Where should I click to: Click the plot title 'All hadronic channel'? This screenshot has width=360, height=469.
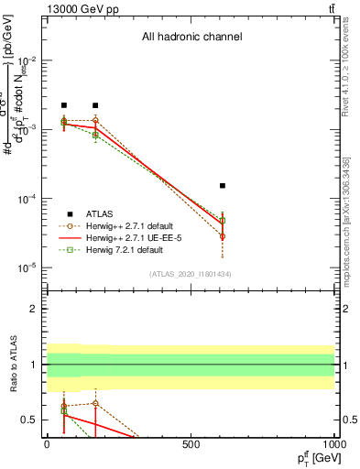coord(191,38)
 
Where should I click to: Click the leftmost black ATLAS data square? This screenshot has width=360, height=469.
coord(64,106)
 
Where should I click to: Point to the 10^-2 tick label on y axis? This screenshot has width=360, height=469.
coord(24,60)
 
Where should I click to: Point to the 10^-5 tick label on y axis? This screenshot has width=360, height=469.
coord(24,268)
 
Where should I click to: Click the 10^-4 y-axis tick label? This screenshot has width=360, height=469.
coord(24,199)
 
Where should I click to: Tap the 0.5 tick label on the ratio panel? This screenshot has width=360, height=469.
coord(30,420)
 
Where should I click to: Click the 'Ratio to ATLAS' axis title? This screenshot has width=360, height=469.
coord(12,365)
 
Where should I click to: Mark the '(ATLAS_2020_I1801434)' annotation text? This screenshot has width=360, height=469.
coord(191,274)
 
